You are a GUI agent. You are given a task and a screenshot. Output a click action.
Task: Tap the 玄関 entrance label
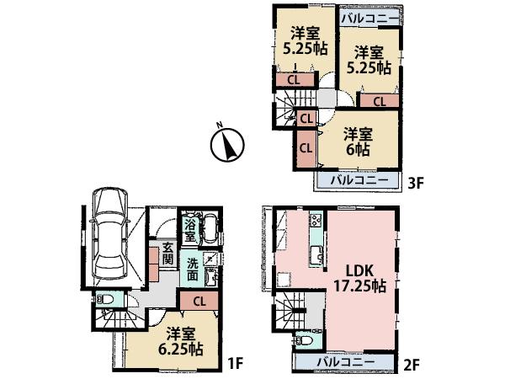[168, 254]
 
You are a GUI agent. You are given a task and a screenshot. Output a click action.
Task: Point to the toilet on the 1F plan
[107, 298]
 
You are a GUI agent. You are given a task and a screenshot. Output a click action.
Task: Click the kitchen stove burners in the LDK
[316, 221]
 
